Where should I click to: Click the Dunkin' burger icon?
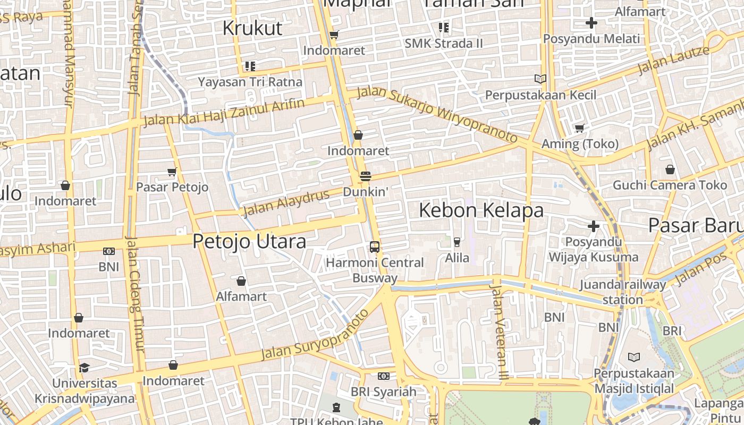pyautogui.click(x=365, y=176)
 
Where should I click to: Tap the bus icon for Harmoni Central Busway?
pyautogui.click(x=375, y=247)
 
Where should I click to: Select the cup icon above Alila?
pyautogui.click(x=456, y=242)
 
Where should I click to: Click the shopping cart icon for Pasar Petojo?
pyautogui.click(x=172, y=172)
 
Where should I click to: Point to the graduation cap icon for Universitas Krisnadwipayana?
pyautogui.click(x=84, y=368)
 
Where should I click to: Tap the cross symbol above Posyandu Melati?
pyautogui.click(x=591, y=23)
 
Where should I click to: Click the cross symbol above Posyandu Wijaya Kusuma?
pyautogui.click(x=594, y=227)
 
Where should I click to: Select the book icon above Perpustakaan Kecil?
pyautogui.click(x=540, y=79)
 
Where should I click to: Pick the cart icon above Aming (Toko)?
pyautogui.click(x=580, y=128)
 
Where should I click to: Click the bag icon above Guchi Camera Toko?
pyautogui.click(x=670, y=169)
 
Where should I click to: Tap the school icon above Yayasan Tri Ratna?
pyautogui.click(x=250, y=66)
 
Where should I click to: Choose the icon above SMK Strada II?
pyautogui.click(x=444, y=28)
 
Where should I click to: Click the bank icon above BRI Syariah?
pyautogui.click(x=383, y=376)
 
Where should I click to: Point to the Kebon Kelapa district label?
pyautogui.click(x=481, y=210)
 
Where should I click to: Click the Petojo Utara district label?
pyautogui.click(x=249, y=241)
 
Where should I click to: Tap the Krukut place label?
pyautogui.click(x=252, y=28)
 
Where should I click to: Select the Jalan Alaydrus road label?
pyautogui.click(x=286, y=202)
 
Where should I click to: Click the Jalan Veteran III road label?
pyautogui.click(x=500, y=332)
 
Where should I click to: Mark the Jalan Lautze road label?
pyautogui.click(x=673, y=59)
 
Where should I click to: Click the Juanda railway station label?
pyautogui.click(x=622, y=292)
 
